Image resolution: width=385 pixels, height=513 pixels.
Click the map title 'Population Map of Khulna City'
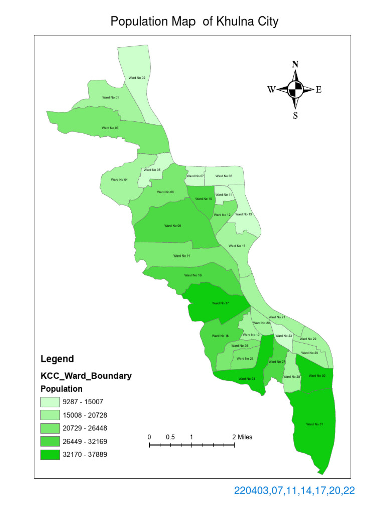pos(194,21)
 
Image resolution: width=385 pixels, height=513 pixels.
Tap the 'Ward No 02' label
pos(137,78)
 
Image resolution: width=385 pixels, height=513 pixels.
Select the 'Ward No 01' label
pos(110,97)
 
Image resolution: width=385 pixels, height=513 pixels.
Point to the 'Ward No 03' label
pos(110,128)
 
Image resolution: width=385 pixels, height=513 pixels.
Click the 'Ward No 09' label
pos(173,226)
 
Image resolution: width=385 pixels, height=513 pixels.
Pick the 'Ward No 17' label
pos(220,303)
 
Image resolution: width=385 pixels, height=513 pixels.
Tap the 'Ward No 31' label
pos(314,424)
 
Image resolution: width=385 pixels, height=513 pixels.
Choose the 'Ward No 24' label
pos(247,379)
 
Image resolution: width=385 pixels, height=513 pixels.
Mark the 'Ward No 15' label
pos(237,246)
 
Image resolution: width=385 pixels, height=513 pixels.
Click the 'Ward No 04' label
pos(119,179)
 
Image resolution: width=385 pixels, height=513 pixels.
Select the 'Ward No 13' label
pos(244,214)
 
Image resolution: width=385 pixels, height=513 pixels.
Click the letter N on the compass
pos(295,64)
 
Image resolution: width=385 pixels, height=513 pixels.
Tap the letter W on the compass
pos(271,90)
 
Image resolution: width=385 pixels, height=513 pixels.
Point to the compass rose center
pos(295,90)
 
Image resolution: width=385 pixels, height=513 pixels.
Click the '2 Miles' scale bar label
pos(242,437)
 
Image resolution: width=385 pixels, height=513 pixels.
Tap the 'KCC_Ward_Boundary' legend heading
pos(86,376)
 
